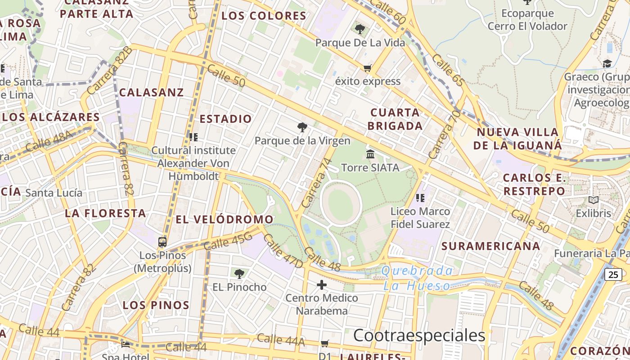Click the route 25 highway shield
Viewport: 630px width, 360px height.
pos(613,274)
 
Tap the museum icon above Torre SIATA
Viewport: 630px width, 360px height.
pos(370,154)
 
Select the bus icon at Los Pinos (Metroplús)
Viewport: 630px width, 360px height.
pos(162,242)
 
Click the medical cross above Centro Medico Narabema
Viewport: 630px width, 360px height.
pos(322,284)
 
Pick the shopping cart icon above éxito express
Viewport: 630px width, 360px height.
pos(368,68)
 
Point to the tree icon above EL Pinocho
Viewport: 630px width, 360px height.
pos(239,273)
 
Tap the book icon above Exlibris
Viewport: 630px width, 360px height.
pos(594,200)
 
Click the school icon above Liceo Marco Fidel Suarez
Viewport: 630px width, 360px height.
pos(420,198)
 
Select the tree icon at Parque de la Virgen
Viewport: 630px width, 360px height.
pos(302,127)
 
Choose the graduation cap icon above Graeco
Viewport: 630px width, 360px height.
pos(607,63)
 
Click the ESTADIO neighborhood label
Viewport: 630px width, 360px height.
pos(225,119)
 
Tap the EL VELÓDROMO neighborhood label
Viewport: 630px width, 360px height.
pos(224,219)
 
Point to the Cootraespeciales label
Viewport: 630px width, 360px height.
pos(419,335)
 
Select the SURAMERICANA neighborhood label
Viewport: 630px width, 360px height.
pos(490,246)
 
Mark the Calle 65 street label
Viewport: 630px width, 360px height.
pos(448,70)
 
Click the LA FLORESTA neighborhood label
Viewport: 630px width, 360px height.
pos(106,213)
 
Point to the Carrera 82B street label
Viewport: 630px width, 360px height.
pos(110,70)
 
